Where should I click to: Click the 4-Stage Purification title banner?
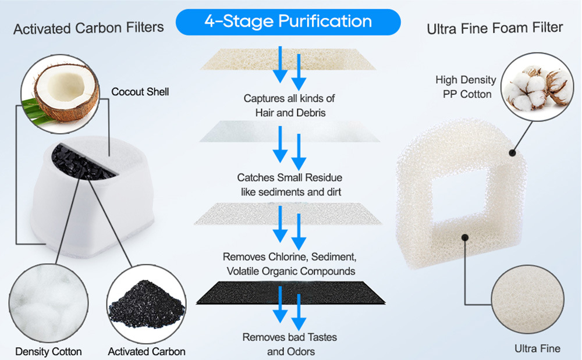(x=288, y=22)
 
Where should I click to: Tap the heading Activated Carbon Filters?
(x=88, y=28)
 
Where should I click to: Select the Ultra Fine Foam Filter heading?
(x=495, y=28)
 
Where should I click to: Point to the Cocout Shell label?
(x=140, y=92)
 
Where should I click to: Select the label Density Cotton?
(x=48, y=351)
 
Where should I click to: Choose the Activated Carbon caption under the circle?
(x=147, y=351)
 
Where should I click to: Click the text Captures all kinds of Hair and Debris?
(x=290, y=105)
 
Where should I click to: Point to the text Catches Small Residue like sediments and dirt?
(x=290, y=184)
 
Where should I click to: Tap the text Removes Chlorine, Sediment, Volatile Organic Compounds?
(x=289, y=263)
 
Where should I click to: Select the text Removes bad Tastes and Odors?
(x=290, y=344)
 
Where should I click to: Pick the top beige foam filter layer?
(x=289, y=58)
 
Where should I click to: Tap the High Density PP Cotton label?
(x=466, y=87)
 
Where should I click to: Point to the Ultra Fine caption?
(x=537, y=348)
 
